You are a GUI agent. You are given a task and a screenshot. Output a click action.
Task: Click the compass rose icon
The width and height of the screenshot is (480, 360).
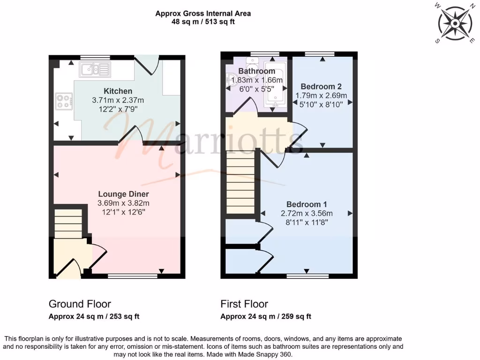453,23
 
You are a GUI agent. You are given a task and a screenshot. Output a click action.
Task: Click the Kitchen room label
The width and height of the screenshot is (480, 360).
118,91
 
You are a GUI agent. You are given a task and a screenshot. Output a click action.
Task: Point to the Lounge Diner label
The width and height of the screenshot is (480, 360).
123,194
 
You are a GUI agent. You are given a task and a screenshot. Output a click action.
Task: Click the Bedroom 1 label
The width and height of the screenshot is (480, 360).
307,204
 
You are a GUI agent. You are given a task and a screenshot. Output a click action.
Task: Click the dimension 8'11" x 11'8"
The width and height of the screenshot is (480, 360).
307,222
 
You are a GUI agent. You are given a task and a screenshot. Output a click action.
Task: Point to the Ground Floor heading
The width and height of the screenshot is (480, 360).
80,304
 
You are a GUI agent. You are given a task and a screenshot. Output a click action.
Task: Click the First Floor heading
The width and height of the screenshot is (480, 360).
244,304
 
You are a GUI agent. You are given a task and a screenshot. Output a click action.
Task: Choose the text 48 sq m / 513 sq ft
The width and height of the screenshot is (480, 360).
203,22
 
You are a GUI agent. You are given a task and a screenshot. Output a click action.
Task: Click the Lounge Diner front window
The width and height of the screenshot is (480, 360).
133,276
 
